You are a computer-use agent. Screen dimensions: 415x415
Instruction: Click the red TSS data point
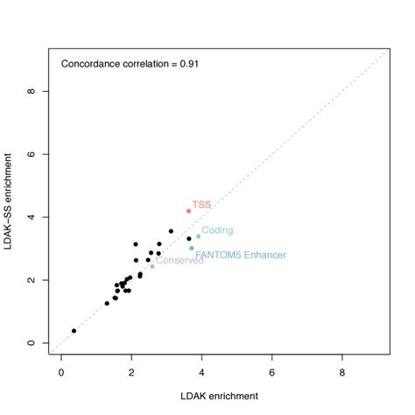[188, 211]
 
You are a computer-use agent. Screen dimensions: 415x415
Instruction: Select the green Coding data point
[198, 236]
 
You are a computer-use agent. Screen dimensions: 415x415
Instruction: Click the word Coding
[217, 230]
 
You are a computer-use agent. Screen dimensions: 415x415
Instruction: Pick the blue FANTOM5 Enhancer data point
[192, 248]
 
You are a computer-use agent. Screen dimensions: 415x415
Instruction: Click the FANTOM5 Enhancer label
[240, 255]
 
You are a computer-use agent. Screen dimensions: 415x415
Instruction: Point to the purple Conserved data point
[152, 266]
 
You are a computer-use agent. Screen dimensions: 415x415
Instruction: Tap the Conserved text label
[179, 260]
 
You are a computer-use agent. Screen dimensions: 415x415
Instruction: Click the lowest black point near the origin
[74, 331]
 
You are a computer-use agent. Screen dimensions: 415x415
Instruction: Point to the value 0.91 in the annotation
[188, 64]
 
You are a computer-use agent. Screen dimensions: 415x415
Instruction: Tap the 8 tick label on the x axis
[342, 371]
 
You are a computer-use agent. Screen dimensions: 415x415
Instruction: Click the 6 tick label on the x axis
[272, 371]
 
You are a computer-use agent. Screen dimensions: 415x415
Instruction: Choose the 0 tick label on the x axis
[61, 371]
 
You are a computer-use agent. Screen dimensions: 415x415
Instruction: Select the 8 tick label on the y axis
[32, 91]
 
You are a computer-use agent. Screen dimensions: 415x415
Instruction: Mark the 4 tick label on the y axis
[32, 217]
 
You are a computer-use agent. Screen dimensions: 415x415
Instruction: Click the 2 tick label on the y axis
[32, 280]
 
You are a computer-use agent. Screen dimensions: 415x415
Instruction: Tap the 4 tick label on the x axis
[202, 371]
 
